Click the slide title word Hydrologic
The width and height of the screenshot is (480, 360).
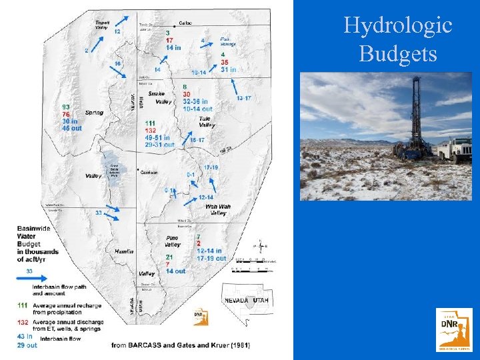(397, 26)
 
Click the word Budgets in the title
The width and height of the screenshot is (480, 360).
(397, 53)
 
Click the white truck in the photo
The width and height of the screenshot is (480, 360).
(455, 149)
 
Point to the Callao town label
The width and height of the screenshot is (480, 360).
(184, 23)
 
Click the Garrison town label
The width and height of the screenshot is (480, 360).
(149, 172)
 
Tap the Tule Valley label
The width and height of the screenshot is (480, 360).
(207, 122)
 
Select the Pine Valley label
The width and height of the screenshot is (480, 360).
(172, 241)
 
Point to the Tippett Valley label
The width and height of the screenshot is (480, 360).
(102, 25)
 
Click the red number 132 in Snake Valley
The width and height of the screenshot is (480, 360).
(151, 131)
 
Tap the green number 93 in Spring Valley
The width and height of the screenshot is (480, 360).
(66, 107)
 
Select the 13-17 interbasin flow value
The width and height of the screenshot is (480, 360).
(243, 98)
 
